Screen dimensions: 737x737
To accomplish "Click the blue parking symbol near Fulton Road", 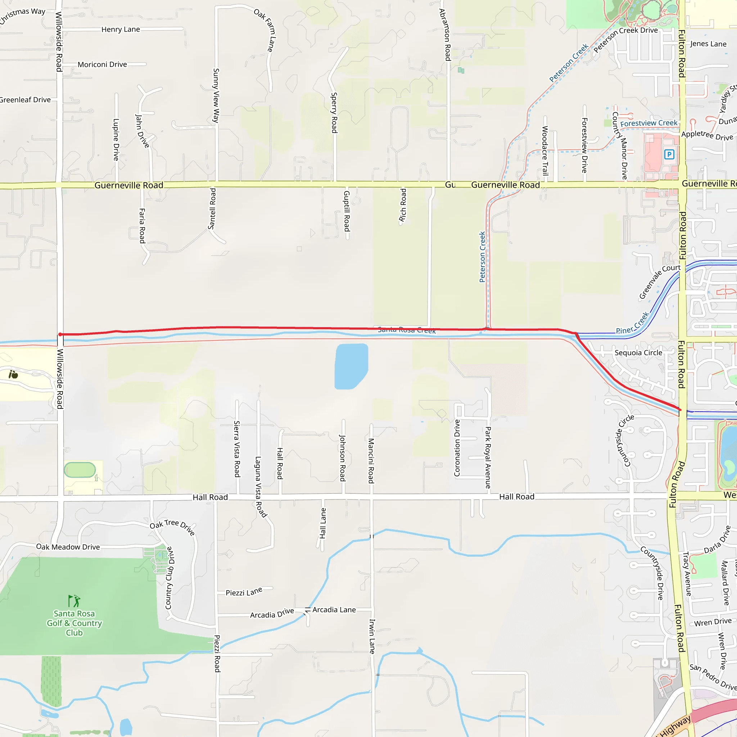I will [x=669, y=154].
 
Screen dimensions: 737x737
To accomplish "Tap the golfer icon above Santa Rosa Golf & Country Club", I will [x=74, y=601].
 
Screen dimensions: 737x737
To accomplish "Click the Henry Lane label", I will [x=121, y=30].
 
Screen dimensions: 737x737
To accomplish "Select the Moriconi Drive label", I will [x=102, y=64].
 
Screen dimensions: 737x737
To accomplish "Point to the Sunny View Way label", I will [x=216, y=95].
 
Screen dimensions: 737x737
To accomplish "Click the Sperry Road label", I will [x=334, y=113].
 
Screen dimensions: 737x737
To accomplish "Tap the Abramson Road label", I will [x=445, y=34].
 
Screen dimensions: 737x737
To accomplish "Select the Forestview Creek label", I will [x=648, y=123].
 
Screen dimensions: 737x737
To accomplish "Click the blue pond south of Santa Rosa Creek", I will [x=351, y=366].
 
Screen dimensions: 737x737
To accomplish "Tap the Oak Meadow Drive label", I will [x=68, y=547].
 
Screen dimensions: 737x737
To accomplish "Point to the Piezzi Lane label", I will [x=244, y=592].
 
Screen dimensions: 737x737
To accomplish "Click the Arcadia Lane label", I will [x=334, y=610].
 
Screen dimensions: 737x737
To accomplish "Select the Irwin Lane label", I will [x=372, y=636].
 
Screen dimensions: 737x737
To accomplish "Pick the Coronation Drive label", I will [x=457, y=448].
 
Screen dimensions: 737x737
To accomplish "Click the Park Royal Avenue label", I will [x=488, y=457].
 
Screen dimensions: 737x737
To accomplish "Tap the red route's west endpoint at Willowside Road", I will [x=60, y=335].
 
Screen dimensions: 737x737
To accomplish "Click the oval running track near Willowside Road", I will [x=80, y=470].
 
